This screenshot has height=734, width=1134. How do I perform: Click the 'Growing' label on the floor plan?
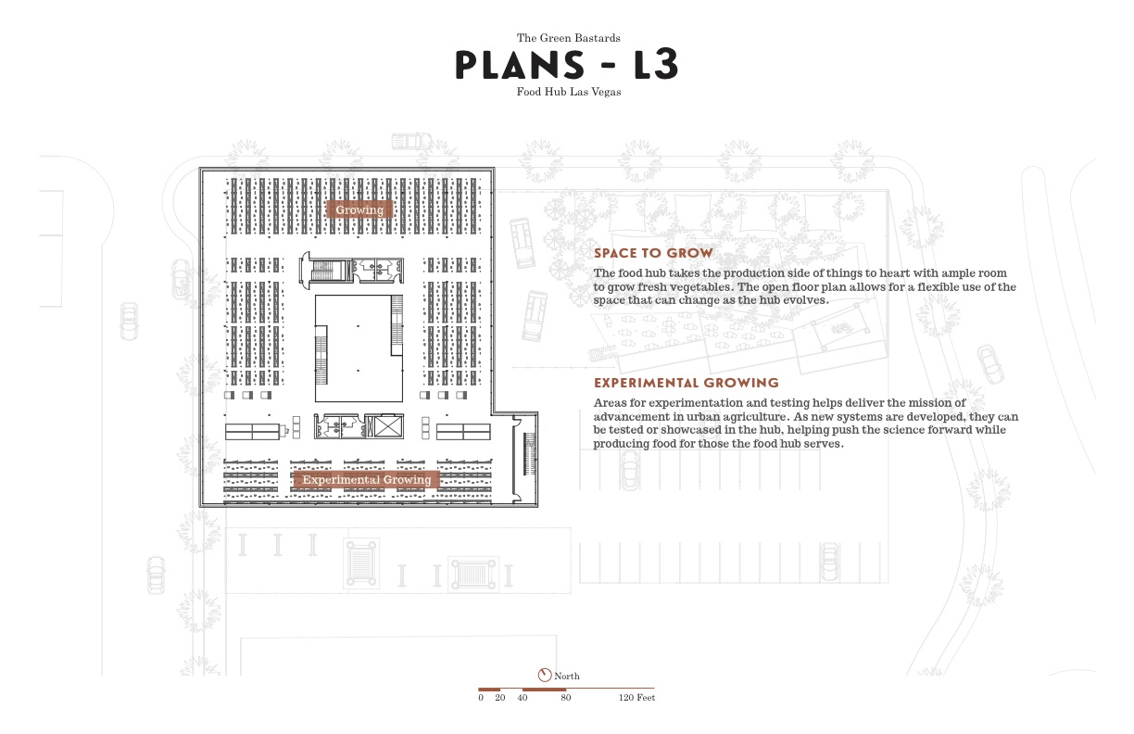click(359, 209)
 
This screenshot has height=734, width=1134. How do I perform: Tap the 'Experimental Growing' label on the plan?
click(367, 479)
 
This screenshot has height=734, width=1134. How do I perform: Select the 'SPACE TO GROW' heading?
click(653, 253)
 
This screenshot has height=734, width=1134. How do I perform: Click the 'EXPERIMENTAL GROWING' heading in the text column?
click(686, 383)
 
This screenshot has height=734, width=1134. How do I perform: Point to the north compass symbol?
click(544, 675)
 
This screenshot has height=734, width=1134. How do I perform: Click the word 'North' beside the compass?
click(567, 677)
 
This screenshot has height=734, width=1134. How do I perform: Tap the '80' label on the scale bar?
click(565, 698)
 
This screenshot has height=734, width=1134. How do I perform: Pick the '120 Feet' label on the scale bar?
click(636, 698)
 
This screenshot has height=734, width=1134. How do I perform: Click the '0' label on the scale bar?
click(481, 698)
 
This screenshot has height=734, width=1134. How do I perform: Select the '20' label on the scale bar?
click(500, 698)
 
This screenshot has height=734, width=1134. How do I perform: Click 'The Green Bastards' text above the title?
click(568, 38)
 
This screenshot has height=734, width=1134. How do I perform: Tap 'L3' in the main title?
click(643, 65)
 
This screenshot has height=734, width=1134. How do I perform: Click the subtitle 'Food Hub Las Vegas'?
click(568, 92)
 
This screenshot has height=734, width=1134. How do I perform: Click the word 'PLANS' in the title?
click(520, 65)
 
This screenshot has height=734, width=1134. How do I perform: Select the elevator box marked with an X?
click(384, 425)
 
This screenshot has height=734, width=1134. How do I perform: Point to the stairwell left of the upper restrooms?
click(323, 271)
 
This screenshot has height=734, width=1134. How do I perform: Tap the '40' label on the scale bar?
click(523, 698)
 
